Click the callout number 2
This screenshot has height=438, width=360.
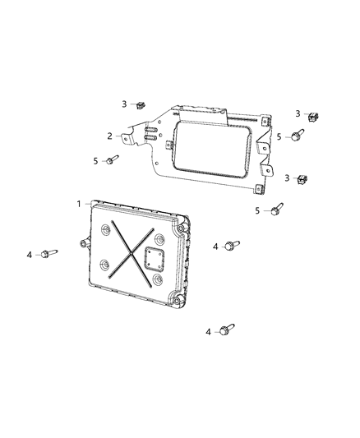pyautogui.click(x=109, y=136)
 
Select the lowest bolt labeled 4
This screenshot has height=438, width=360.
pyautogui.click(x=227, y=330)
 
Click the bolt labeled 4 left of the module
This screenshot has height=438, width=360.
pyautogui.click(x=50, y=255)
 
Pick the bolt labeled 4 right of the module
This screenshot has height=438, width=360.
pyautogui.click(x=233, y=245)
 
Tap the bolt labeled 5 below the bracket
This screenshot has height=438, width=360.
pyautogui.click(x=276, y=210)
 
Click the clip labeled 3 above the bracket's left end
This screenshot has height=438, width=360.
pyautogui.click(x=141, y=104)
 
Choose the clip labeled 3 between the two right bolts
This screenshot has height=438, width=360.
pyautogui.click(x=302, y=178)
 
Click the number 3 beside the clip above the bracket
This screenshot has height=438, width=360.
pyautogui.click(x=125, y=104)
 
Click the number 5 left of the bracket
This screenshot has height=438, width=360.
pyautogui.click(x=96, y=160)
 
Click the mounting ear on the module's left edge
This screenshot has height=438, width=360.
pyautogui.click(x=85, y=242)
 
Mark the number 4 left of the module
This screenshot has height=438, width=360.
pyautogui.click(x=29, y=255)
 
